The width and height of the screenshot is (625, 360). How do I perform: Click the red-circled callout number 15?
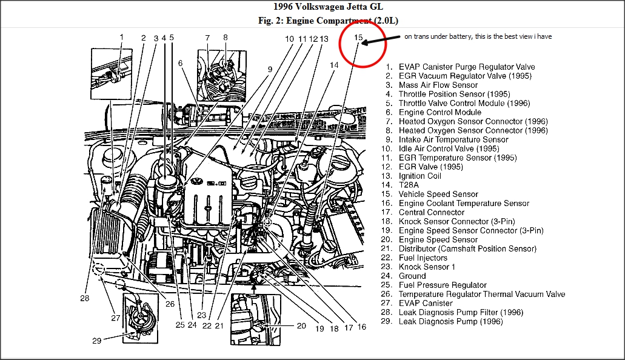[358, 38]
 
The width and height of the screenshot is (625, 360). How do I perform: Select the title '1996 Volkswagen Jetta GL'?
[313, 7]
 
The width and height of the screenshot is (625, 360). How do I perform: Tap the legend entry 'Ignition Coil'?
[419, 176]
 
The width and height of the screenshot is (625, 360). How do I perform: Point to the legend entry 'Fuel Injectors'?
[423, 258]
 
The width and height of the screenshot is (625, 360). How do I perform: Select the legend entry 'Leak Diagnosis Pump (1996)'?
[450, 321]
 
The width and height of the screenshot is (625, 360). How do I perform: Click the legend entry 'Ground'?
[412, 276]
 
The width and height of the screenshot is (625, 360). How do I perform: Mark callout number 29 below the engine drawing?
[97, 341]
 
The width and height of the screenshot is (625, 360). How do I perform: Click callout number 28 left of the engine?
[84, 298]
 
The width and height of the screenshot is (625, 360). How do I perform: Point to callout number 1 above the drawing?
[121, 37]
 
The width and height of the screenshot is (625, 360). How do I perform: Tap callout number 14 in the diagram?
[335, 65]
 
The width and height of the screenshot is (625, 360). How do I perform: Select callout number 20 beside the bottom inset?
[302, 326]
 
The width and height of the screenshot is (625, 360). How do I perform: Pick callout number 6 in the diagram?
[180, 62]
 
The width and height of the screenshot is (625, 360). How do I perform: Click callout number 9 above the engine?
[270, 69]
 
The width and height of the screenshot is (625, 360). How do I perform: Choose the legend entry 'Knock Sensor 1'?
[426, 267]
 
